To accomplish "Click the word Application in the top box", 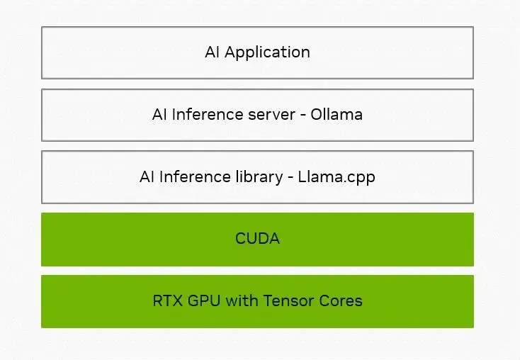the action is click(x=267, y=52).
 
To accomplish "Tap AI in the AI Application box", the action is click(x=212, y=52).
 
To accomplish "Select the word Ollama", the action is click(x=337, y=115).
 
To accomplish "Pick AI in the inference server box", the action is click(x=159, y=115).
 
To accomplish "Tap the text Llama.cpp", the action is click(x=337, y=177).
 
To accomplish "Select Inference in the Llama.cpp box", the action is click(x=195, y=176).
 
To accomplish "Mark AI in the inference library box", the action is click(x=147, y=176).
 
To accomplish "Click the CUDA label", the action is click(x=257, y=239).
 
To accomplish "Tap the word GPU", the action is click(x=204, y=301).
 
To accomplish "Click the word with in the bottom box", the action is click(x=242, y=300).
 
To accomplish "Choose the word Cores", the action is click(x=341, y=301).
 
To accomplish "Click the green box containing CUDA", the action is click(x=257, y=240).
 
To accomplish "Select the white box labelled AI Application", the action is click(x=257, y=52).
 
